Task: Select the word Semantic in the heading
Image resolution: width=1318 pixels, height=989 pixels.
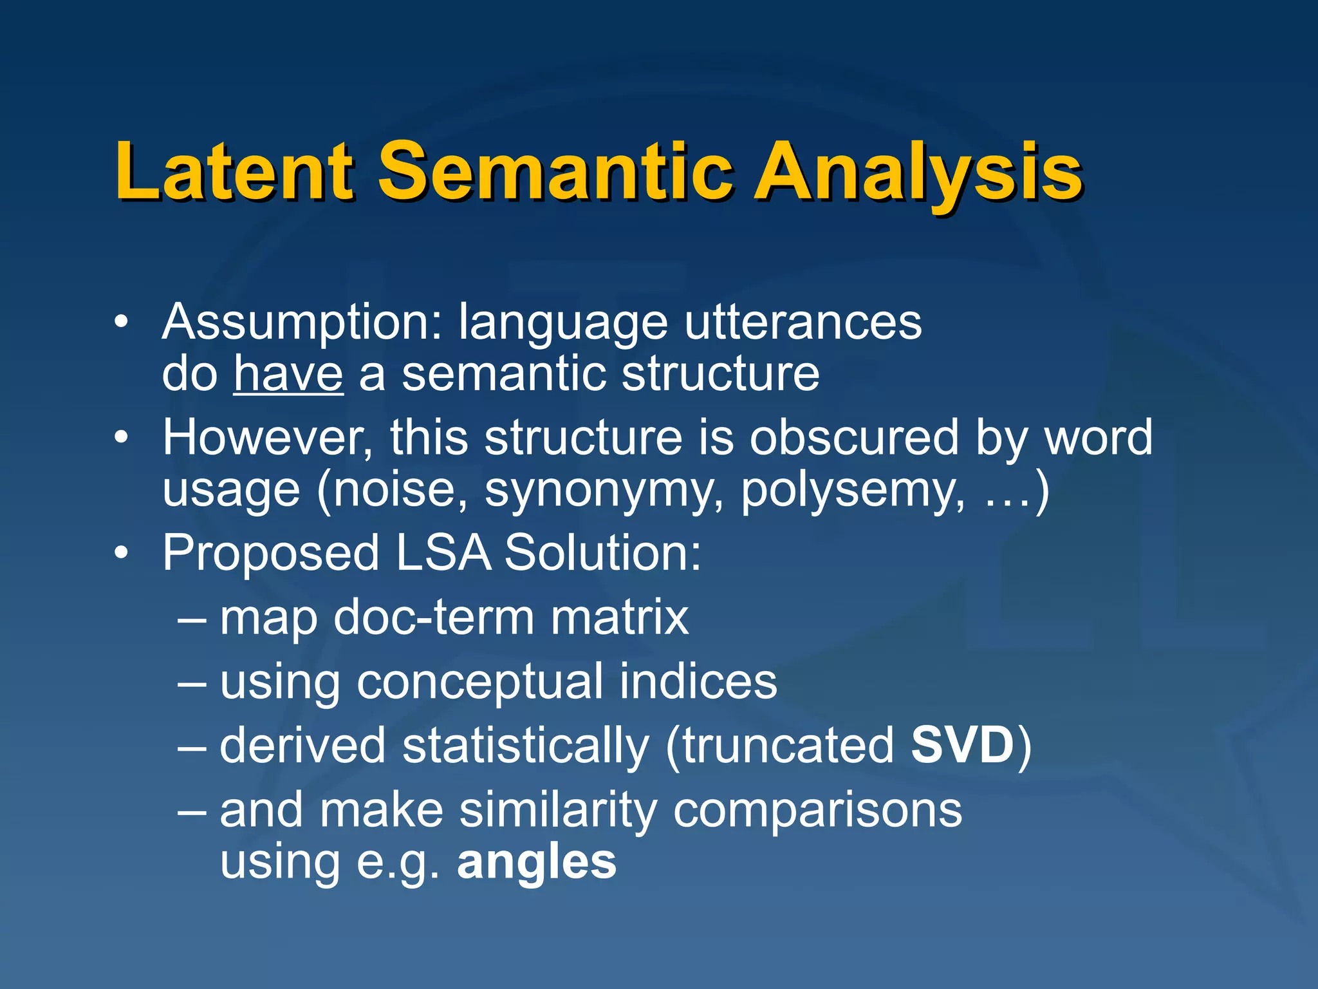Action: (x=555, y=172)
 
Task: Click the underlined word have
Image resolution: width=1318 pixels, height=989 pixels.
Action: (x=288, y=374)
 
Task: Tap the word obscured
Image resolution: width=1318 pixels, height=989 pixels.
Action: (x=855, y=438)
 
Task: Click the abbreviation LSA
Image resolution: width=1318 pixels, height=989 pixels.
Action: (x=443, y=553)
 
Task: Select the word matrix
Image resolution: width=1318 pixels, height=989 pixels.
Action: (x=619, y=617)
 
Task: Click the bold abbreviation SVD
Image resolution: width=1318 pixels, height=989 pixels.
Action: (x=963, y=746)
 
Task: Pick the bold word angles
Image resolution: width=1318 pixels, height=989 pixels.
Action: (x=537, y=863)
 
